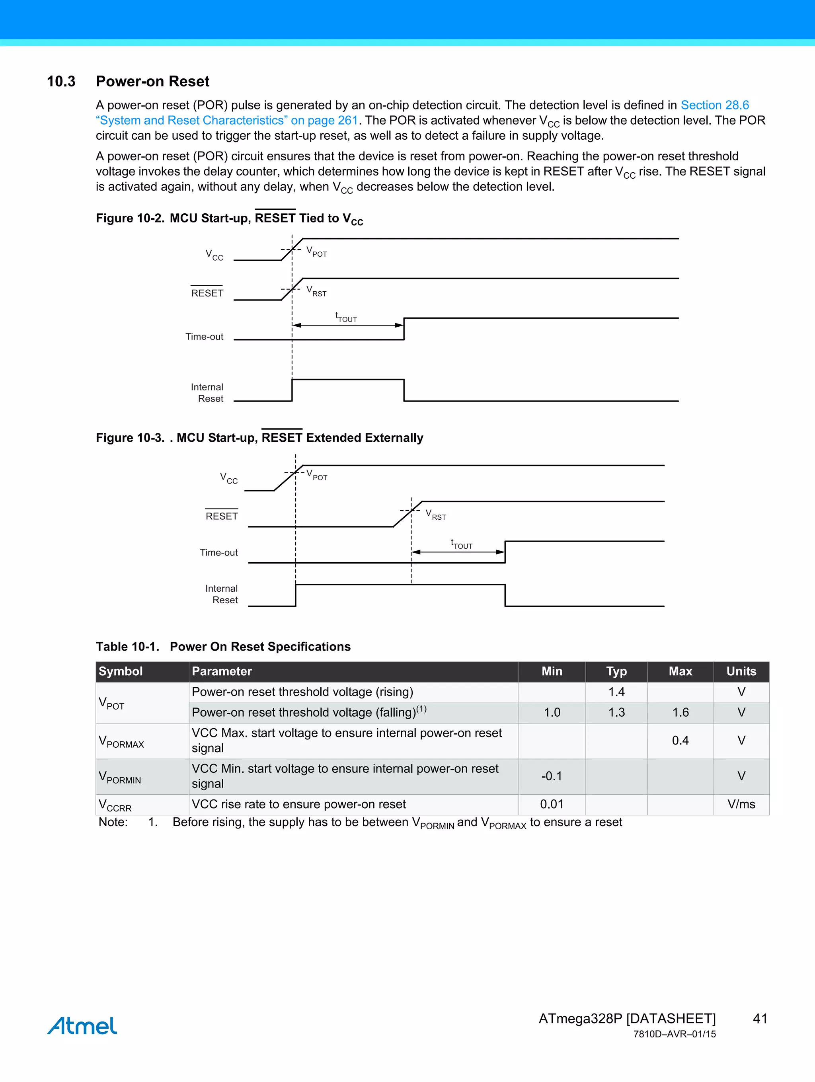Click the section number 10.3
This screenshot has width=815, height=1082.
[61, 81]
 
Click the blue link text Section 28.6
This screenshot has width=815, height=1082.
[714, 105]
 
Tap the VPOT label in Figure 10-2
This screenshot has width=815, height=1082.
[316, 252]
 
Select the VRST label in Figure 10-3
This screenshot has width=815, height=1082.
[435, 515]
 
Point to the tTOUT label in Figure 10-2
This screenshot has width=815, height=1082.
[346, 318]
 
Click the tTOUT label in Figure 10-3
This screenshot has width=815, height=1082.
[461, 544]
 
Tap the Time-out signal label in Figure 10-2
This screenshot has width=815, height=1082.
[204, 337]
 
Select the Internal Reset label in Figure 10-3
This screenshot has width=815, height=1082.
[222, 594]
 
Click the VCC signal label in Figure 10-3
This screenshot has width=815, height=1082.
[228, 478]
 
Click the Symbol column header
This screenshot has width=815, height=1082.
[121, 671]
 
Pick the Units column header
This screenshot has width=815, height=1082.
[741, 671]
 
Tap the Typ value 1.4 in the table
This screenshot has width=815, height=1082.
[616, 692]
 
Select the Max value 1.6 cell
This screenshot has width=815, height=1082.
[680, 712]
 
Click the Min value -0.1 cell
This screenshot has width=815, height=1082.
[551, 776]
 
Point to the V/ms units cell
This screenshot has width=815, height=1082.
[741, 804]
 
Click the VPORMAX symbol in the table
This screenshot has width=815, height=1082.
[121, 741]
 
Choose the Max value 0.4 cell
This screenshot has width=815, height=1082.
[680, 740]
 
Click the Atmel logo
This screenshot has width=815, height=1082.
[82, 1025]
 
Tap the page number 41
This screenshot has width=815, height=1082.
[760, 1018]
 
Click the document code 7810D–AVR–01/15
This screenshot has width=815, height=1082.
[674, 1034]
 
